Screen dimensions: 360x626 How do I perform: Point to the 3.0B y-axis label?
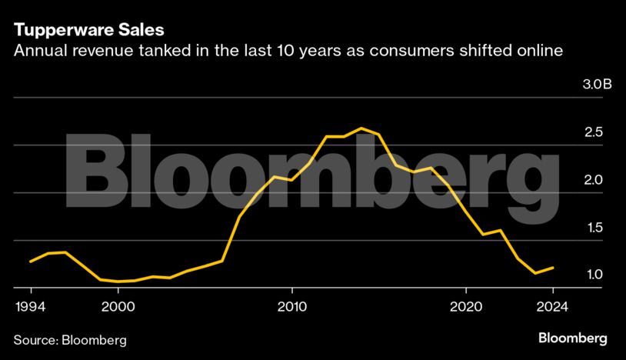click(x=596, y=85)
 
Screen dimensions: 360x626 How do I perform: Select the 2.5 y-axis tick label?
click(x=593, y=132)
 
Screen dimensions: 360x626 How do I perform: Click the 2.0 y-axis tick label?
click(x=593, y=180)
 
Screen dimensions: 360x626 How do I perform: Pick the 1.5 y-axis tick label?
click(x=593, y=228)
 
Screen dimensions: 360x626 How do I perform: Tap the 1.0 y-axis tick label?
click(x=593, y=275)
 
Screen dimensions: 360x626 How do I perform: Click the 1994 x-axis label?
click(x=31, y=305)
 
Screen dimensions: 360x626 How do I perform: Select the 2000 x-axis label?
click(x=118, y=305)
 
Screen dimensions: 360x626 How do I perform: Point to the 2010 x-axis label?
click(x=292, y=305)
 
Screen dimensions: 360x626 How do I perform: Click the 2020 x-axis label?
click(x=465, y=305)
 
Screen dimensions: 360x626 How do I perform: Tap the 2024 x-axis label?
click(x=552, y=305)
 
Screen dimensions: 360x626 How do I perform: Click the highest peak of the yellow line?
click(x=361, y=128)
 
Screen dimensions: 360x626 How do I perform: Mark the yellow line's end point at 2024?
click(x=553, y=268)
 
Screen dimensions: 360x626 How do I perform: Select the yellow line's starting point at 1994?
click(x=31, y=262)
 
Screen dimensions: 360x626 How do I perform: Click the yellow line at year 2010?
click(x=291, y=179)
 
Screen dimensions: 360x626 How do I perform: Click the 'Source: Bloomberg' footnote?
click(x=70, y=339)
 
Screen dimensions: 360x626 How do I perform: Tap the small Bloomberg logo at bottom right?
click(x=572, y=338)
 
